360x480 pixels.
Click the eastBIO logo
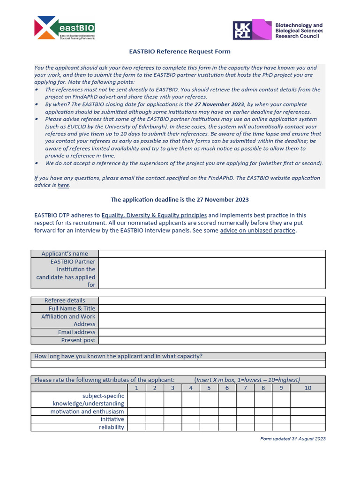(64, 28)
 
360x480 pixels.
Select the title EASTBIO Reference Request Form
(180, 52)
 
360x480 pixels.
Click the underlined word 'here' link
(63, 185)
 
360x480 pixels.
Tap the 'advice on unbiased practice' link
(258, 231)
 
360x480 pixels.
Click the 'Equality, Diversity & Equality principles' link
(154, 215)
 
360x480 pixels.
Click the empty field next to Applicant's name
(212, 254)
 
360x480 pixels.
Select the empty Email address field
(212, 332)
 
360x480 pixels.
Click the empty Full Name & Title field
(212, 308)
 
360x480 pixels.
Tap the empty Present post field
(212, 340)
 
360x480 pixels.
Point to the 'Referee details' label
(65, 300)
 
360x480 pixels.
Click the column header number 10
(307, 388)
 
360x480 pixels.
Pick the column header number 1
(136, 388)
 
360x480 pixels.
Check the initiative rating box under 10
(307, 419)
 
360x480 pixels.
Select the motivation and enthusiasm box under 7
(245, 411)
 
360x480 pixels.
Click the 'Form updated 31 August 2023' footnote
(292, 439)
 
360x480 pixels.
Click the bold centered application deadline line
(180, 200)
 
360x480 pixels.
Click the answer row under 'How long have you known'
(178, 364)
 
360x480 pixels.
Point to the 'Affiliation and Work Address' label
(68, 320)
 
